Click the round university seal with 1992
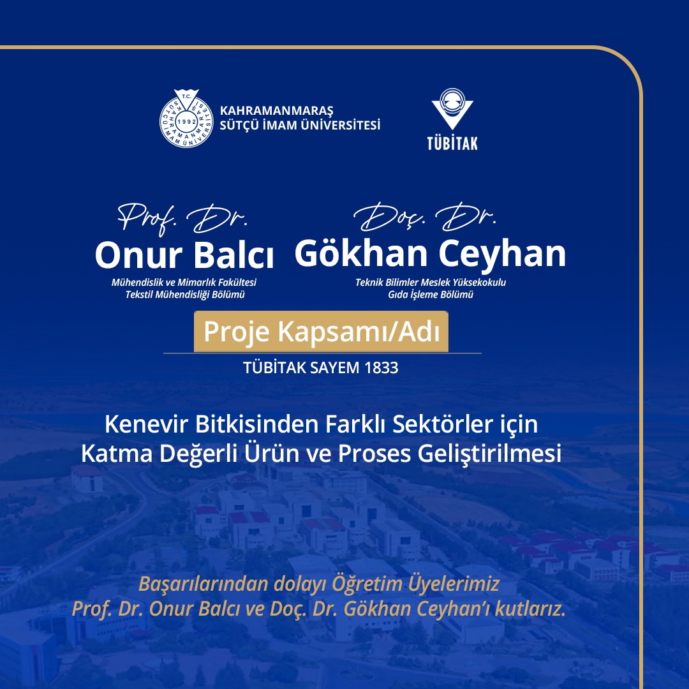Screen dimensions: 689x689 [186, 119]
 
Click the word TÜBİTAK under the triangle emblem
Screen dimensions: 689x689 [452, 144]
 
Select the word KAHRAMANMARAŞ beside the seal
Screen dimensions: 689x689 [276, 111]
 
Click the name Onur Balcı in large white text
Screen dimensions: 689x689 [184, 255]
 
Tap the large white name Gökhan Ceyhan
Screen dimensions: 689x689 [430, 253]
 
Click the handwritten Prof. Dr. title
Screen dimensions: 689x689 [182, 218]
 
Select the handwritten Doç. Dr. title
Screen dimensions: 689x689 [424, 217]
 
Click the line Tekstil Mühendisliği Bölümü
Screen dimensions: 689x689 [184, 294]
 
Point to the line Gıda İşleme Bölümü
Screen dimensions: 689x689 [431, 294]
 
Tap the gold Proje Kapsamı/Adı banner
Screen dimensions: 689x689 [321, 331]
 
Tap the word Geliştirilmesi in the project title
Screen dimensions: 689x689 [489, 454]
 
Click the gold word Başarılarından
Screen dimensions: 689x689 [203, 584]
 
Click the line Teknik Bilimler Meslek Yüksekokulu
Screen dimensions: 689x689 [431, 282]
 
